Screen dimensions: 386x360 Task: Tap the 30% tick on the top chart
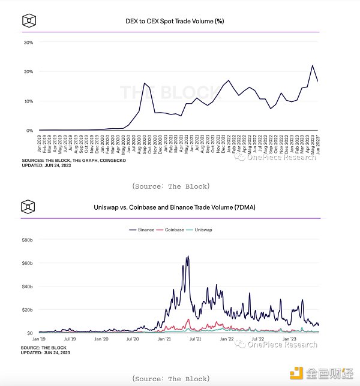tap(28, 43)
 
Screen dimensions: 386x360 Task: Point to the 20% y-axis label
tap(28, 72)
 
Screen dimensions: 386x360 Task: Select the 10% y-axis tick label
tap(28, 101)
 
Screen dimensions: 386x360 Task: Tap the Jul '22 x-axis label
tap(259, 340)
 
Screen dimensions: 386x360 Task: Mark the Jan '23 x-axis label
tap(290, 340)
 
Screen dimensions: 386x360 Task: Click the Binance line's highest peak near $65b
tap(188, 257)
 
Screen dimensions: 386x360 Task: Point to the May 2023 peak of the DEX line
tap(312, 65)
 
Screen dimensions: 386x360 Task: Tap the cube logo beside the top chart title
tap(28, 22)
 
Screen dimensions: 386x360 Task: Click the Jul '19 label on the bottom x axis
tap(71, 340)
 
